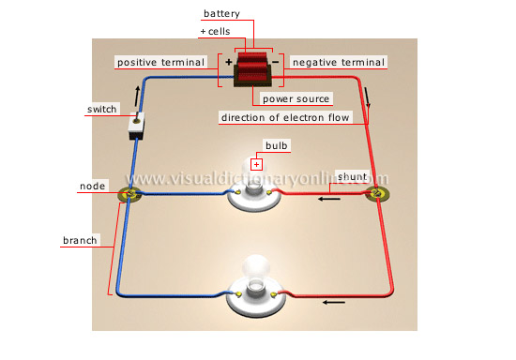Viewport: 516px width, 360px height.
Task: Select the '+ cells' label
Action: coord(217,32)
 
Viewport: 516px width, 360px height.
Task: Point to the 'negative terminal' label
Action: coord(339,62)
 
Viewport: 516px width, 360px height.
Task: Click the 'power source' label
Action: coord(295,97)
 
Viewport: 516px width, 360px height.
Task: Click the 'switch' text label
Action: coord(101,110)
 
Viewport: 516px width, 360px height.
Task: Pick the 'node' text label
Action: coord(93,187)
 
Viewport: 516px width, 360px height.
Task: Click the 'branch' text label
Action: coord(80,241)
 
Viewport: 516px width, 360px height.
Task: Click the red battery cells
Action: coord(251,69)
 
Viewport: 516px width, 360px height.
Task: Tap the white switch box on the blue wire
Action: coord(137,126)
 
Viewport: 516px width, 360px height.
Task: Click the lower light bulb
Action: coord(254,281)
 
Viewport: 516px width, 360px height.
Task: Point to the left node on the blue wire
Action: coord(129,195)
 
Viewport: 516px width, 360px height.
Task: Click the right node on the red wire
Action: coord(377,195)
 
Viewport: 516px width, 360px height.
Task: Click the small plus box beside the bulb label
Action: coord(255,163)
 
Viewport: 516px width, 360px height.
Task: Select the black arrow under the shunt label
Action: coord(328,198)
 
